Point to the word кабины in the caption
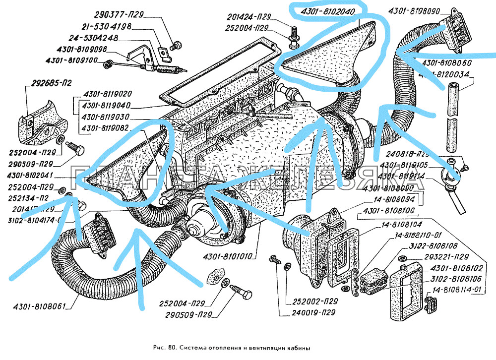298,348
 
